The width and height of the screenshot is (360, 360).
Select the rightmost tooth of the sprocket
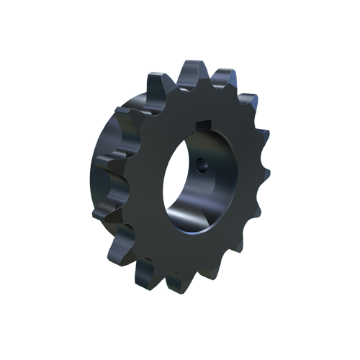click(264, 174)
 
